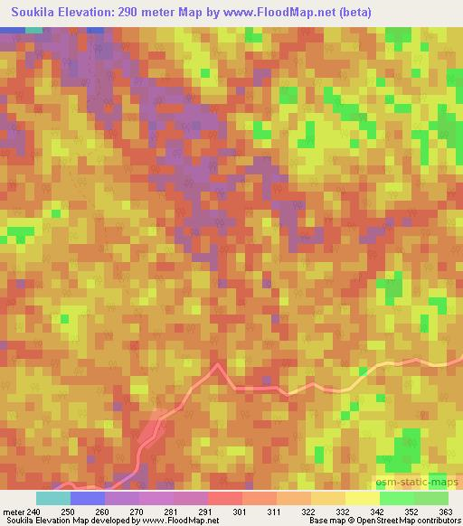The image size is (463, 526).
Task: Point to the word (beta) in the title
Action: (x=351, y=11)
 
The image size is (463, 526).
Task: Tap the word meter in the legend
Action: (x=14, y=512)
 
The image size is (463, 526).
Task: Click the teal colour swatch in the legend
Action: (x=53, y=498)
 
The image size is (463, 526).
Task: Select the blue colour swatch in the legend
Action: (x=88, y=498)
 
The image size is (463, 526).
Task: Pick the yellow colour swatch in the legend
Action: (x=363, y=498)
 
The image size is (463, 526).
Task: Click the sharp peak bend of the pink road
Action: (x=217, y=364)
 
